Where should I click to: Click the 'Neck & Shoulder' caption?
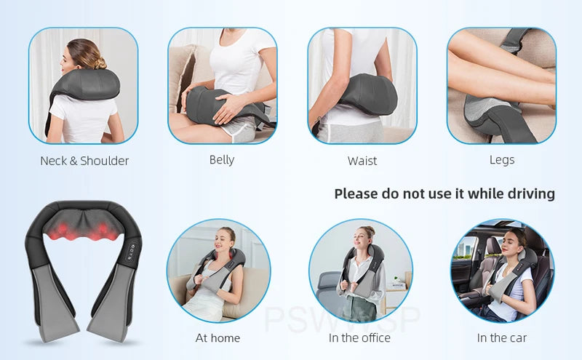[84, 161]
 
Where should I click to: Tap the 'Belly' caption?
[222, 159]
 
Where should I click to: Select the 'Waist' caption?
[362, 161]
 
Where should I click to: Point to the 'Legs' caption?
[502, 159]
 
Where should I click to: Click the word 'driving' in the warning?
[531, 194]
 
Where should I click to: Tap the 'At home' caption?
[218, 338]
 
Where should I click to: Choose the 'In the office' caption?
[359, 338]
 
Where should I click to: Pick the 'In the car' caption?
[502, 338]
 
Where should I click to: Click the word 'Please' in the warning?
[356, 194]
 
